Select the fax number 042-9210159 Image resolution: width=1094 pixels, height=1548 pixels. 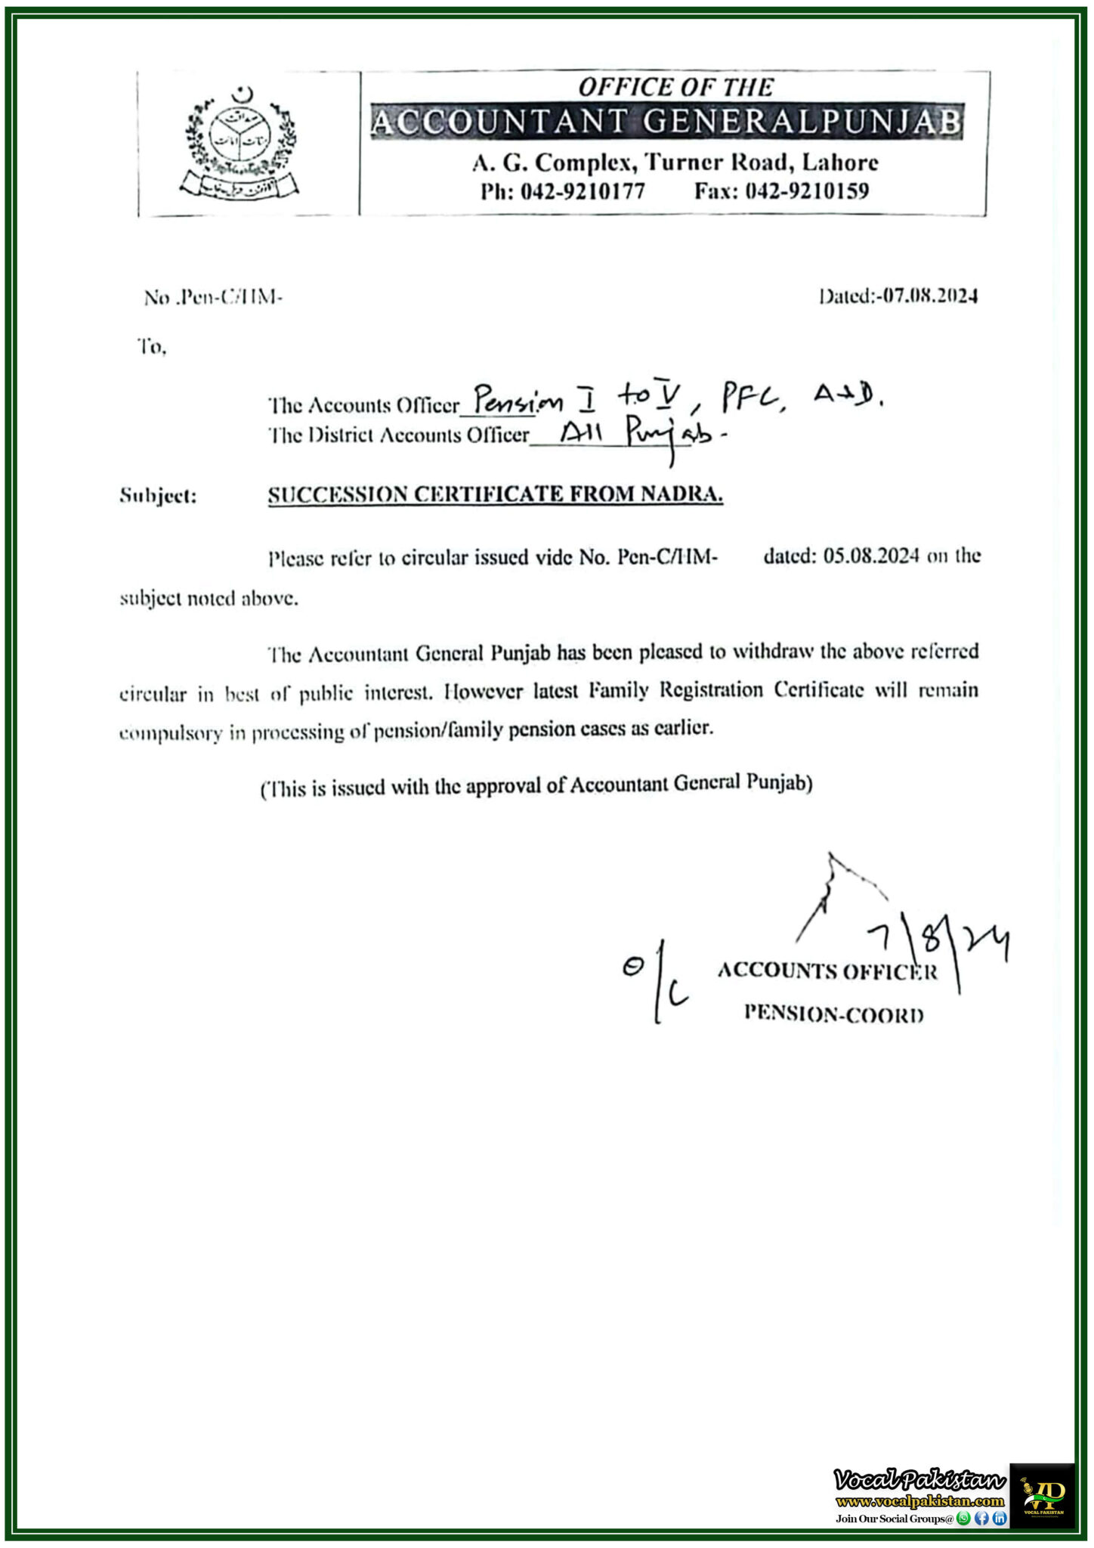(x=807, y=191)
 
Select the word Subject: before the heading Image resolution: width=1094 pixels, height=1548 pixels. (x=158, y=497)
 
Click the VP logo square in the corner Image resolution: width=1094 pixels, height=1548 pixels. (x=1042, y=1494)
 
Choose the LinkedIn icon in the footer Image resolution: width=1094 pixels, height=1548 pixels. (x=999, y=1519)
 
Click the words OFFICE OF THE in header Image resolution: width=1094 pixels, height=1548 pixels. (x=675, y=88)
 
